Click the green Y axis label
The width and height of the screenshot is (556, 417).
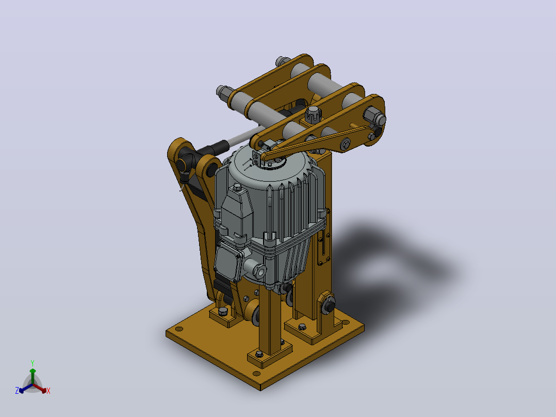coord(32,363)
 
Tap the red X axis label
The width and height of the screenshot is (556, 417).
coord(48,391)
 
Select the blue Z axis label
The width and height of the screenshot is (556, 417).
coord(17,391)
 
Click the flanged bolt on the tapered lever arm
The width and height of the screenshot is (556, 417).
coord(345,144)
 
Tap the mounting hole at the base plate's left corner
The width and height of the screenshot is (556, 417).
coord(179,329)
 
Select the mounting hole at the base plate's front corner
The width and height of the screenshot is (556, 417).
coord(256,373)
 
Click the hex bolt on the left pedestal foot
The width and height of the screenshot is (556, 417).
coord(223,311)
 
